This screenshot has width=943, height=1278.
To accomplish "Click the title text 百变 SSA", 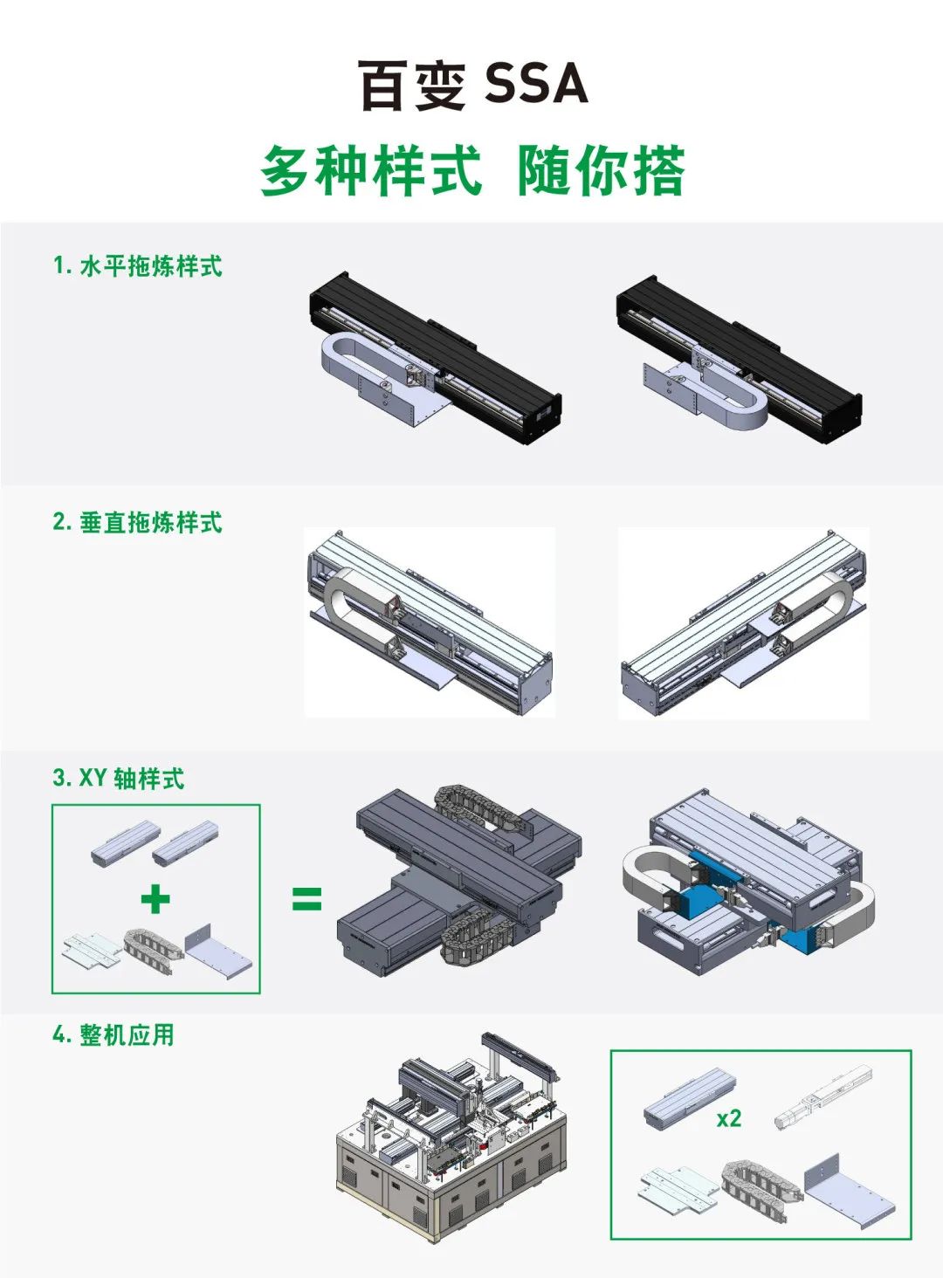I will point(472,86).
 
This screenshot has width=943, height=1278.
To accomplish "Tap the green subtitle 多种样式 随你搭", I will point(472,171).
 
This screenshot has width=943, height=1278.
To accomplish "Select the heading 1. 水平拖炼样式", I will point(138,266).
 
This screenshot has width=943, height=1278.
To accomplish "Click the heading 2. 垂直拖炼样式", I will point(138,522).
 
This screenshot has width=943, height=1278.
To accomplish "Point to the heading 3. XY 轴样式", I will point(119,778).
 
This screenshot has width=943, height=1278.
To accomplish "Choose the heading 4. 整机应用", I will point(114,1035).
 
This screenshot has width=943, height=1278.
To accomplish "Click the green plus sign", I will point(155,899).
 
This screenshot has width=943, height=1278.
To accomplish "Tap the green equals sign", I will point(306,899).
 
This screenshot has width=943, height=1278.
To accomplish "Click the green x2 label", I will point(728,1118).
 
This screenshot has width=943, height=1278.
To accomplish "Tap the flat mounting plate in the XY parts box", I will point(91,949).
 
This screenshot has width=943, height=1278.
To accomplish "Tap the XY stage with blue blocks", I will point(749,882).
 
